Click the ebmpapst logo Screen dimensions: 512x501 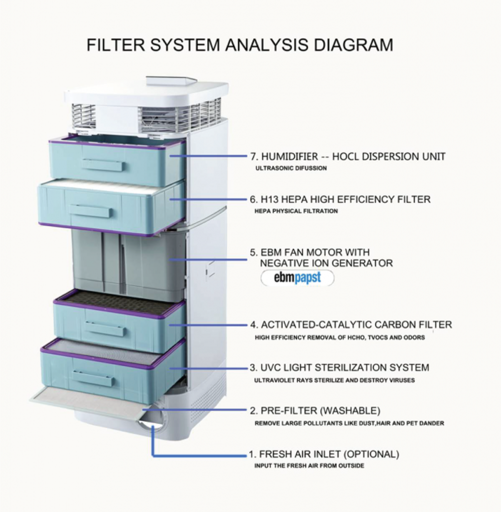pos(297,278)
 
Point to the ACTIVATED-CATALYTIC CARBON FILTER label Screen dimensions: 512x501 pos(351,325)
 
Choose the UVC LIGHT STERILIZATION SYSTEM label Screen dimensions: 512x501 pos(339,368)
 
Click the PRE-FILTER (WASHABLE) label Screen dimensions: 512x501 pos(315,411)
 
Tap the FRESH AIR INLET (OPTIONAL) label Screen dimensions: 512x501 pos(324,454)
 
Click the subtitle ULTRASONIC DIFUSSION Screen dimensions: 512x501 pos(291,168)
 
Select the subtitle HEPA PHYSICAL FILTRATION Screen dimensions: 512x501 pos(296,211)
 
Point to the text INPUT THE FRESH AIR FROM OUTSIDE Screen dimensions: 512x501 pos(309,466)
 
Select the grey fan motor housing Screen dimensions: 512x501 pos(125,262)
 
